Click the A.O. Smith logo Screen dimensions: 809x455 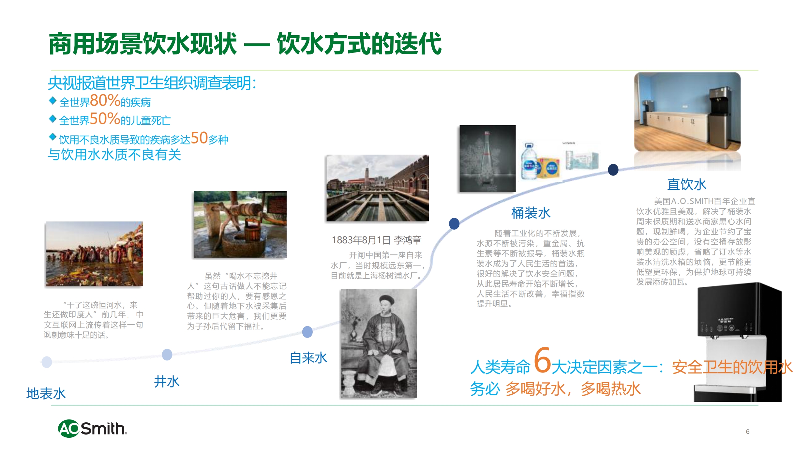tap(93, 428)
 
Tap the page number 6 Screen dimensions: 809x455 tap(748, 432)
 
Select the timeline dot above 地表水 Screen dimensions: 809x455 tap(47, 362)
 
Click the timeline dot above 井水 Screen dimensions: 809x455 tap(167, 355)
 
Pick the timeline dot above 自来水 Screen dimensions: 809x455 tap(307, 332)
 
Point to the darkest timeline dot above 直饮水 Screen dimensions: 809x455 tap(613, 170)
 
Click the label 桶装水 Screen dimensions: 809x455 tap(531, 213)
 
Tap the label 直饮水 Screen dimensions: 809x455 tap(686, 185)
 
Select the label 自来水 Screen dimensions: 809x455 tap(308, 358)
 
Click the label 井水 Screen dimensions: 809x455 tap(167, 381)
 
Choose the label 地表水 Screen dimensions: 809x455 tap(46, 393)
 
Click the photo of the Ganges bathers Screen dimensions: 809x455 tap(95, 254)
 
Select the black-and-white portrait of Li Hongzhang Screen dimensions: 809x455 tap(379, 343)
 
